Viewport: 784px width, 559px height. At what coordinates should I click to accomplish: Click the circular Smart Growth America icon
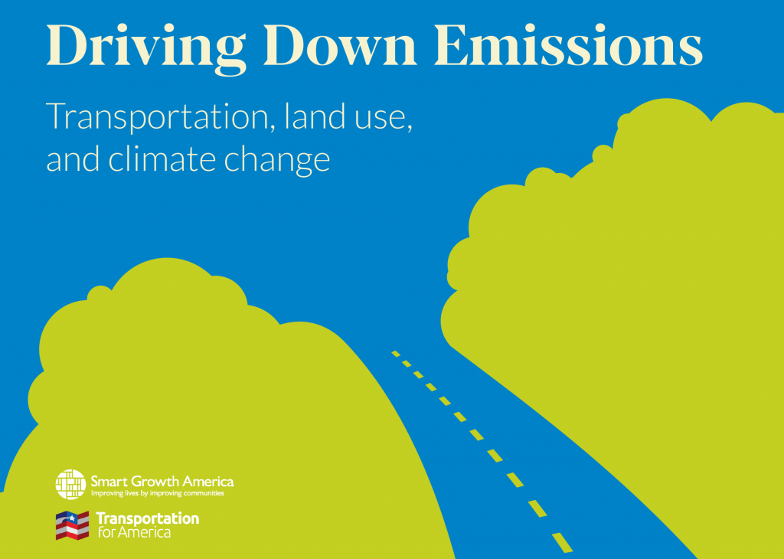70,485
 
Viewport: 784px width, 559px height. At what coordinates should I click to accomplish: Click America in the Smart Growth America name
207,482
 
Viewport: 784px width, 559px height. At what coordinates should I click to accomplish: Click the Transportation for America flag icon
73,525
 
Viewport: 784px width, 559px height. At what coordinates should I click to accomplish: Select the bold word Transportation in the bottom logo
147,518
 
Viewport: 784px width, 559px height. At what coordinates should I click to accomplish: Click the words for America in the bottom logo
134,532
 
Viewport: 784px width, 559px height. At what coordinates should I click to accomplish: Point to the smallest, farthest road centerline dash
396,353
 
